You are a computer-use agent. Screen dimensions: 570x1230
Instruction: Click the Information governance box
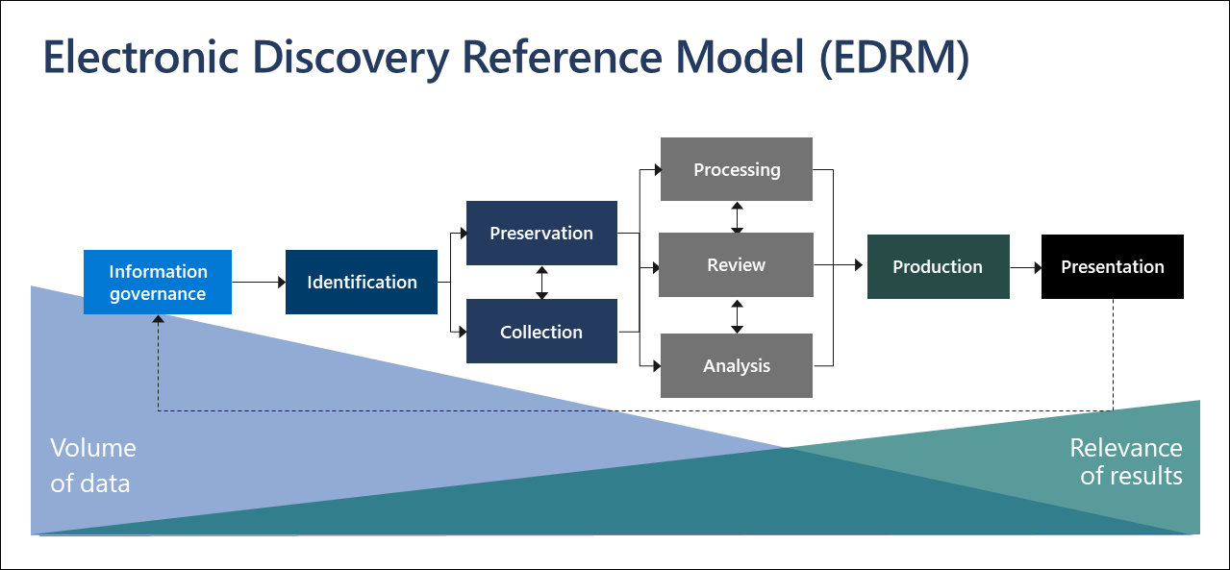[158, 283]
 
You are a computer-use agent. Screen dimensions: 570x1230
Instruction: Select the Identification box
[362, 282]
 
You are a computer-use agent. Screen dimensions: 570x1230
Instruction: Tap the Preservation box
[541, 233]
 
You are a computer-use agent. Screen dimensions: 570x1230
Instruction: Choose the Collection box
[541, 332]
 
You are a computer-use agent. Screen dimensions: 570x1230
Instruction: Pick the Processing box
[737, 169]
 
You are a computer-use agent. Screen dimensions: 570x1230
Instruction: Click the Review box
[737, 264]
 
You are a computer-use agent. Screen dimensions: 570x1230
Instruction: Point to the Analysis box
[737, 365]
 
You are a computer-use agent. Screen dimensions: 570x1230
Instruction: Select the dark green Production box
[938, 266]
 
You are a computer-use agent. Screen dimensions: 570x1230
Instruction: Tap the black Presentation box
[1113, 266]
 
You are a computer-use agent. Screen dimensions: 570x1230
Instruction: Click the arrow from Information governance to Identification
[259, 283]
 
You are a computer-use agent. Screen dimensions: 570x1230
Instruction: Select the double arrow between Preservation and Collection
[541, 283]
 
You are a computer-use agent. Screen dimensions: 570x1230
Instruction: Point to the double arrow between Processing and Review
[737, 217]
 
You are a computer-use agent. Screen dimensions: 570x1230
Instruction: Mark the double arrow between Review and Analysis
[737, 315]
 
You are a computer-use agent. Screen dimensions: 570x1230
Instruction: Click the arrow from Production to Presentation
[1025, 266]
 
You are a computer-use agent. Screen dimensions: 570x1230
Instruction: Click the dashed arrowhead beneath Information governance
[158, 320]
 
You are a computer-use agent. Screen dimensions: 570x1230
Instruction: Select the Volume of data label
[92, 465]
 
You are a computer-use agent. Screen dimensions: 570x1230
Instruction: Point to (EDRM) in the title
[893, 58]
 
